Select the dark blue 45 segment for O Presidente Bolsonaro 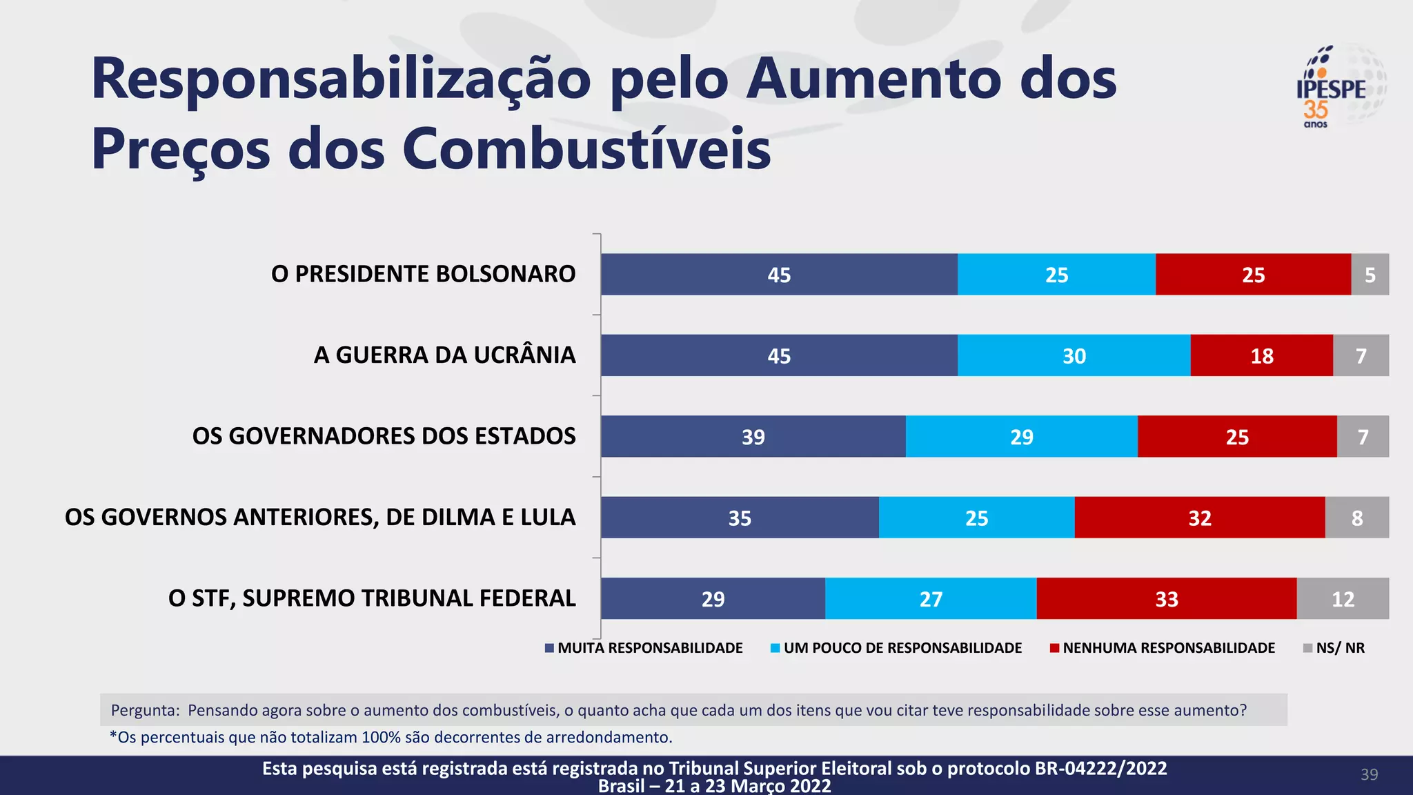[x=779, y=275]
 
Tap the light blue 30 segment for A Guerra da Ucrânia [x=1074, y=355]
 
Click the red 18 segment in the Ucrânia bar [x=1261, y=355]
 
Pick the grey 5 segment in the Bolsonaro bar [x=1370, y=275]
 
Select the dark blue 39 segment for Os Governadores [x=753, y=436]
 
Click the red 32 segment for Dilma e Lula [x=1199, y=518]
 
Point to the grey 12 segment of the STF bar [x=1342, y=598]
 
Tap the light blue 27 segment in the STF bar [x=930, y=598]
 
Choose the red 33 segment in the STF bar [x=1166, y=598]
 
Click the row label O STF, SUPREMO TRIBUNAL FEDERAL [x=372, y=598]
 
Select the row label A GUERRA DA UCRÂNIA [x=444, y=355]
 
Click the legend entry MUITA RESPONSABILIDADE [x=649, y=648]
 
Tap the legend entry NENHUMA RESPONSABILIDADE [x=1168, y=648]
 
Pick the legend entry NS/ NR [x=1339, y=648]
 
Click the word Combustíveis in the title [x=586, y=149]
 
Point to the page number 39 [x=1369, y=774]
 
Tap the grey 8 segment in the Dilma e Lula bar [x=1356, y=518]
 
